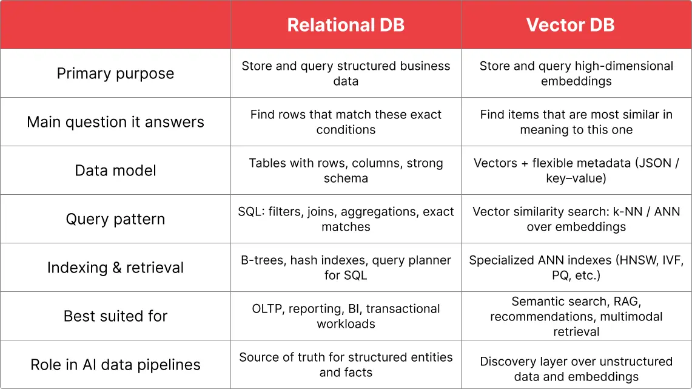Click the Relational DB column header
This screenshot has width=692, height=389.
coord(346,25)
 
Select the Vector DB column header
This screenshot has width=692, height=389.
coord(570,25)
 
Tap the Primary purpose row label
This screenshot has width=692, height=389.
coord(115,73)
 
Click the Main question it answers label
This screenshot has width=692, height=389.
coord(115,122)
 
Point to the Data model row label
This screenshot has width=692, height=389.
coord(115,171)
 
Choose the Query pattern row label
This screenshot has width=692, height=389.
coord(115,219)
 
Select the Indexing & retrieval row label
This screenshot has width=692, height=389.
coord(115,268)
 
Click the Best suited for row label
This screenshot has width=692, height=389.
coord(115,316)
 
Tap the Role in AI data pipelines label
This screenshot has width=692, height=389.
coord(115,365)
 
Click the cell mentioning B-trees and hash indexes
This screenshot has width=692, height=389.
coord(346,268)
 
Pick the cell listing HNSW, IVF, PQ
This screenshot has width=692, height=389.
coord(576,268)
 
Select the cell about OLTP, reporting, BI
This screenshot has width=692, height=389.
coord(346,316)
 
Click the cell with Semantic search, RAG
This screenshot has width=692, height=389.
coord(576,316)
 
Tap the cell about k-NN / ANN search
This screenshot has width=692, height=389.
coord(576,219)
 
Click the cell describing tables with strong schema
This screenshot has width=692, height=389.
coord(346,171)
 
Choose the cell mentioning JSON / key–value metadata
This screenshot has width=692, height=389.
coord(576,171)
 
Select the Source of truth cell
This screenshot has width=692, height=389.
coord(346,365)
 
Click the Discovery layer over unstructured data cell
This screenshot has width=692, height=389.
coord(576,369)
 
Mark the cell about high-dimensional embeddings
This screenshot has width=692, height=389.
coord(576,73)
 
